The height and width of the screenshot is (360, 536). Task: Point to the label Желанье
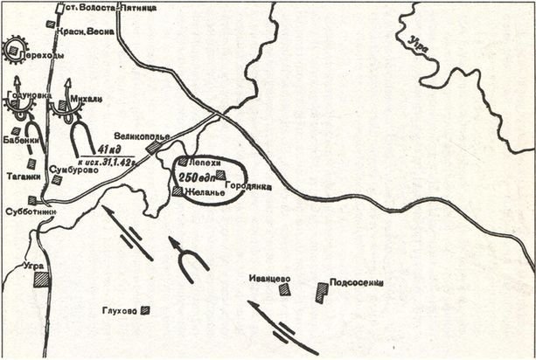click(x=203, y=190)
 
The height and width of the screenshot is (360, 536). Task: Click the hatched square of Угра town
click(x=41, y=279)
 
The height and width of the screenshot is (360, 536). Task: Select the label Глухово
click(x=120, y=308)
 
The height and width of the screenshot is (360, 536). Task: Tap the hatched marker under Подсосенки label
click(x=321, y=294)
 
